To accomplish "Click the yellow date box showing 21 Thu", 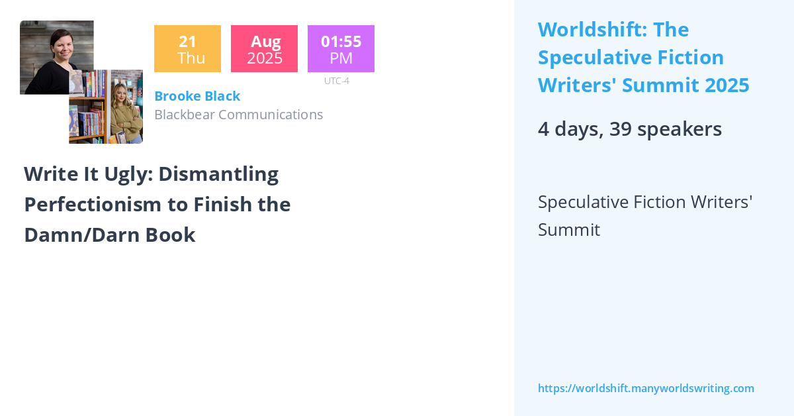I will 187,49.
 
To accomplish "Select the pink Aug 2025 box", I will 264,49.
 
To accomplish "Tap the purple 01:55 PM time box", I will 341,49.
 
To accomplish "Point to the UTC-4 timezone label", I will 336,81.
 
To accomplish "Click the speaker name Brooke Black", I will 197,96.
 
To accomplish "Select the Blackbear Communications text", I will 238,115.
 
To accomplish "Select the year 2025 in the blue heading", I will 726,85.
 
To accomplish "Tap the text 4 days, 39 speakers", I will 629,129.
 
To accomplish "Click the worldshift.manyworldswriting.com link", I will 646,389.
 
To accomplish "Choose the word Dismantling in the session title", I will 218,174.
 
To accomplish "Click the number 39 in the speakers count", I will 620,129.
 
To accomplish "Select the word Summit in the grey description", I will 569,230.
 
